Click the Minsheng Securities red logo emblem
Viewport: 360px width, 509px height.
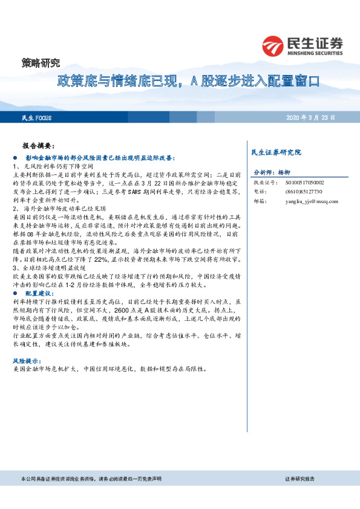[273, 45]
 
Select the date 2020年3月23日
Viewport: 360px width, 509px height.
[310, 117]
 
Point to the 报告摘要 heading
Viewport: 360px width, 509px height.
[39, 146]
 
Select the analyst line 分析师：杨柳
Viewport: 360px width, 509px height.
[272, 172]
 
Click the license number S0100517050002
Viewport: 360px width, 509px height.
[304, 182]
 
